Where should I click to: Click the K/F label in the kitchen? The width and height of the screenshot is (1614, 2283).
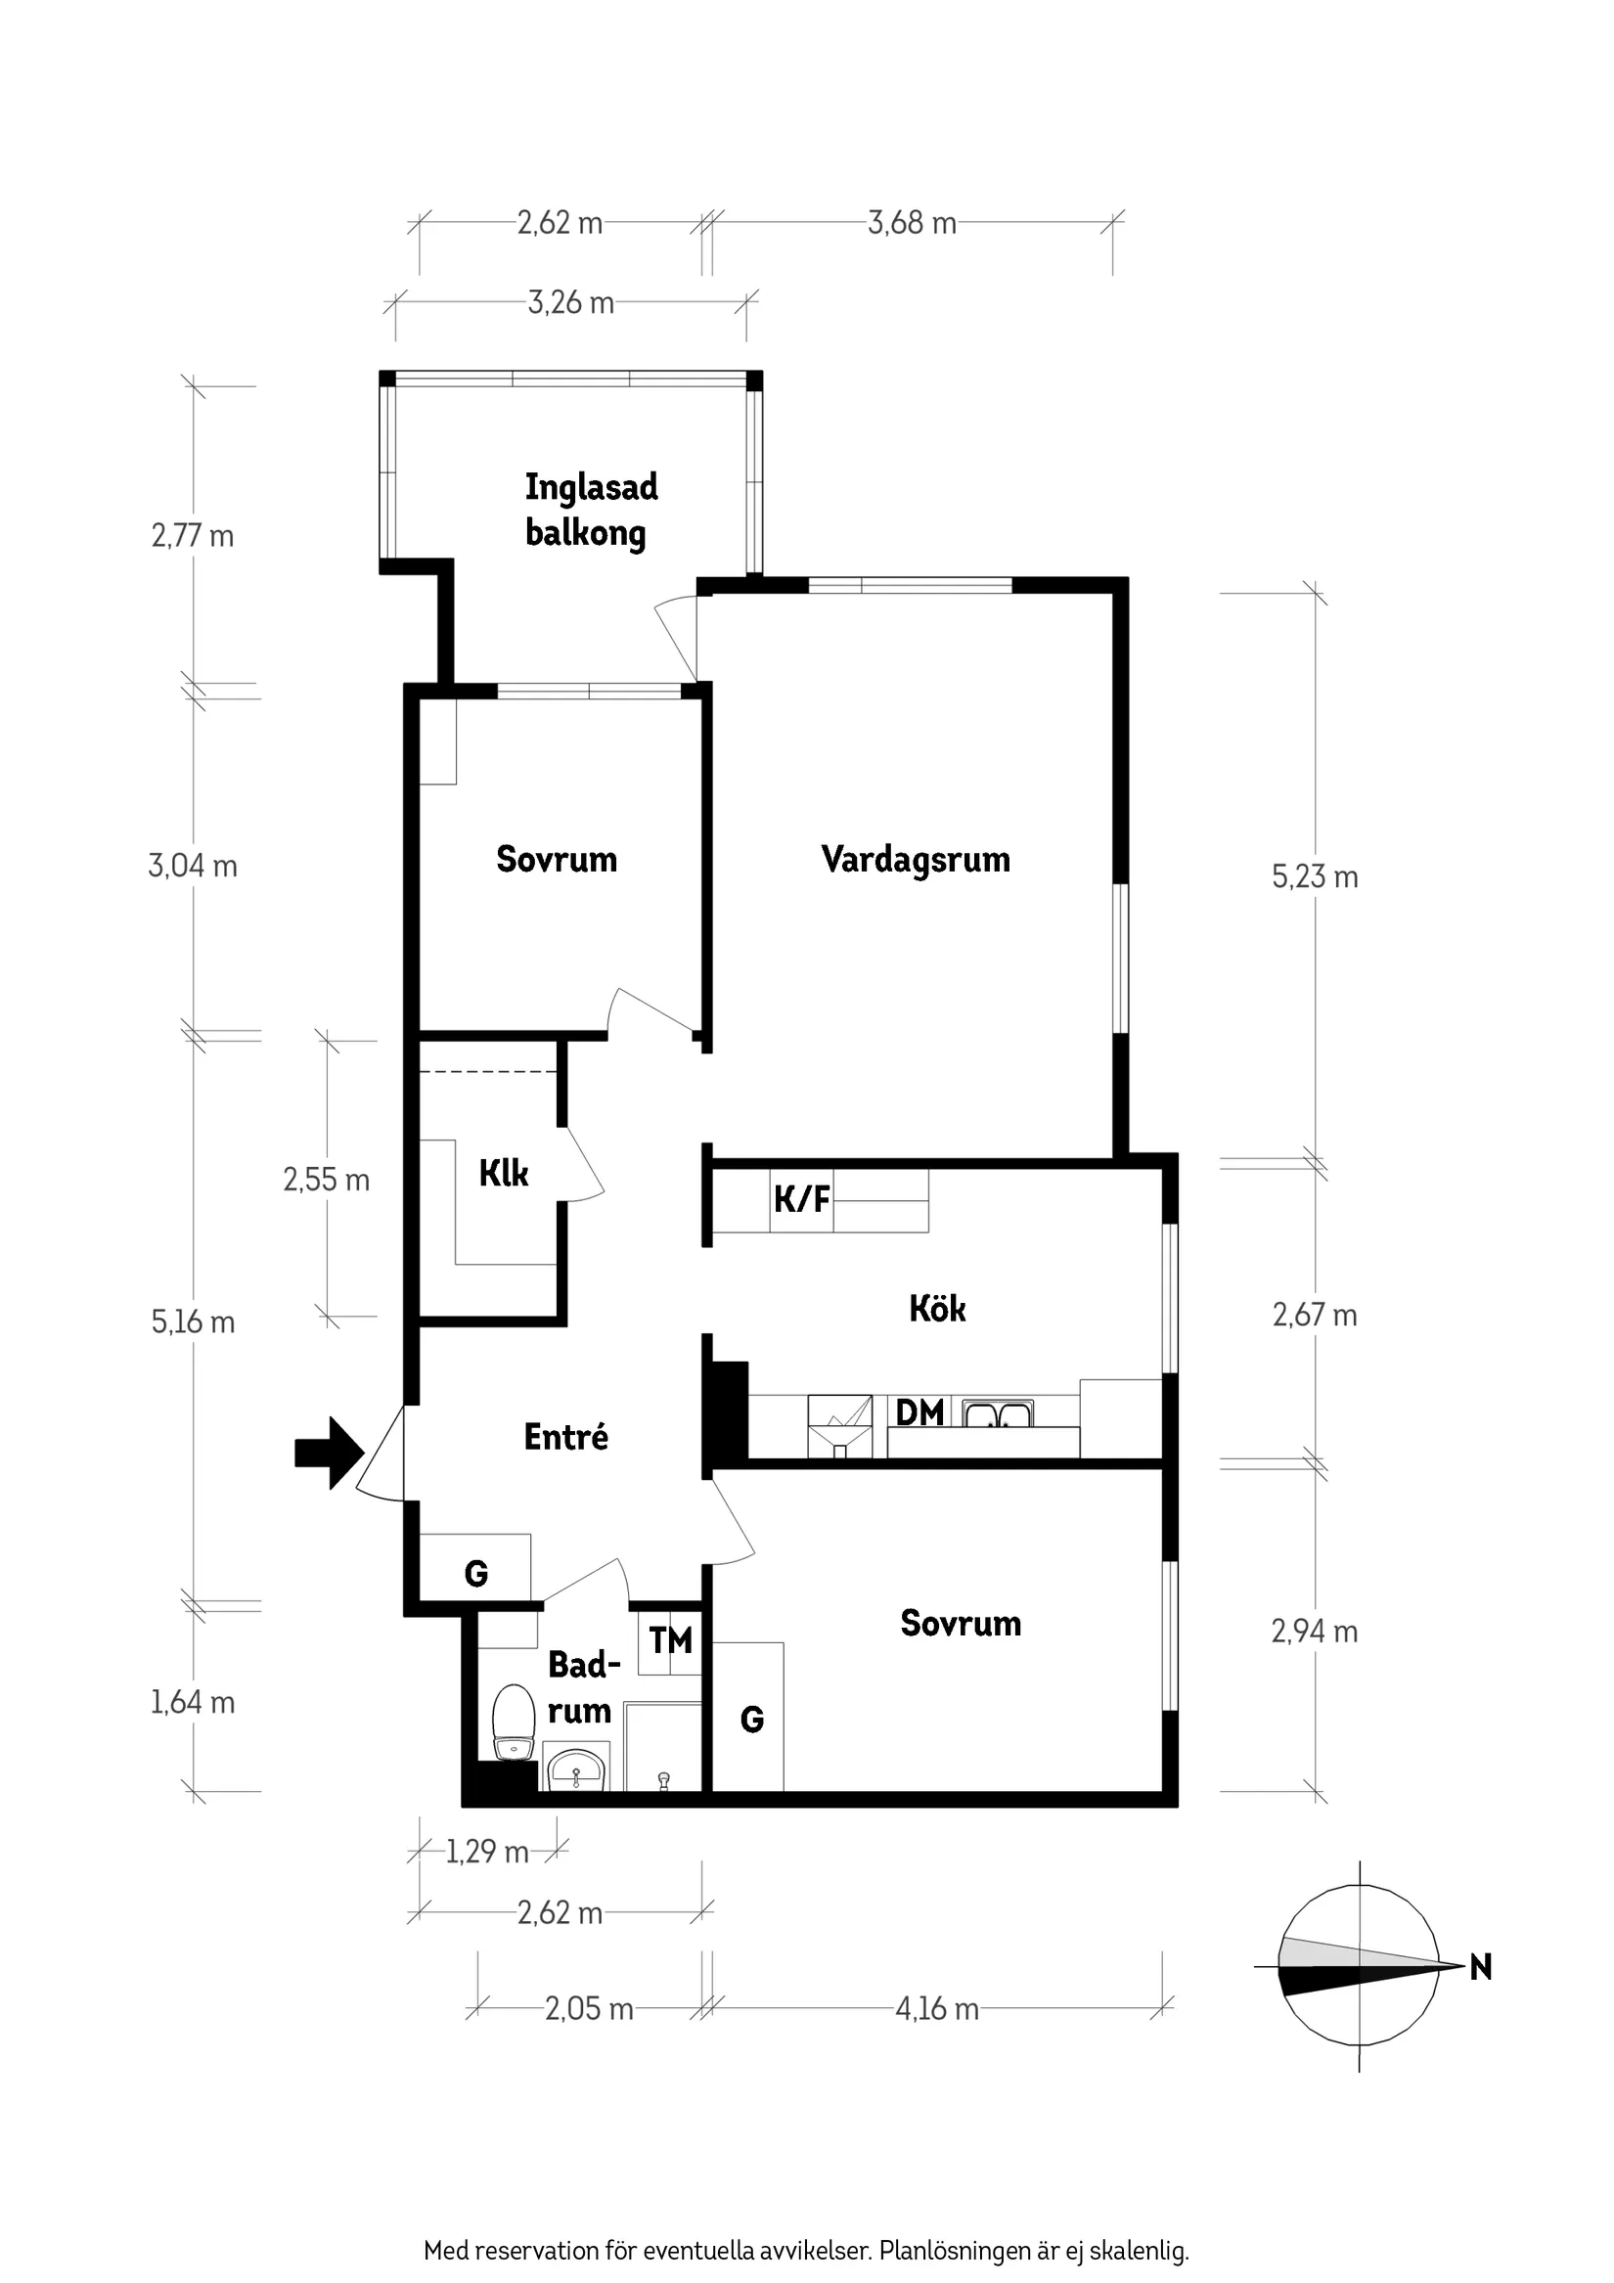pos(801,1199)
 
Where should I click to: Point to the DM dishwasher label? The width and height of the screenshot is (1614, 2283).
pos(919,1412)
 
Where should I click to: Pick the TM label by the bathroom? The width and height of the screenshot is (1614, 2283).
pos(670,1639)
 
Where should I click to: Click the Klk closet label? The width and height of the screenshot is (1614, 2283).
pos(503,1174)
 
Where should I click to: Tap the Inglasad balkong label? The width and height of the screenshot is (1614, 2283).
pos(591,510)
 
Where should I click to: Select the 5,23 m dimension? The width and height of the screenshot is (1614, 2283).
pos(1315,877)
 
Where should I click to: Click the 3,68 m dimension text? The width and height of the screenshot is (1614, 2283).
pos(912,223)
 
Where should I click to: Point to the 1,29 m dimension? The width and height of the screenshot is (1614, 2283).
pos(486,1852)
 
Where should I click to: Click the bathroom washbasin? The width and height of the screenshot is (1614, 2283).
pos(576,1770)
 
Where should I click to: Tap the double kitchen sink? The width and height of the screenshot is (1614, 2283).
pos(999,1413)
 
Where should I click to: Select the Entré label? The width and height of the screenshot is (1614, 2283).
pos(565,1437)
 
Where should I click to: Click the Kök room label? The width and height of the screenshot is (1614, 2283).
pos(937,1309)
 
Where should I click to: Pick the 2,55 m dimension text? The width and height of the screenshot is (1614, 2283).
pos(326,1181)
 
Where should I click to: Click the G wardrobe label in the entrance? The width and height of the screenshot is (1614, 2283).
pos(476,1573)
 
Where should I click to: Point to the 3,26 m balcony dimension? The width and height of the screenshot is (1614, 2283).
pos(571,302)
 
